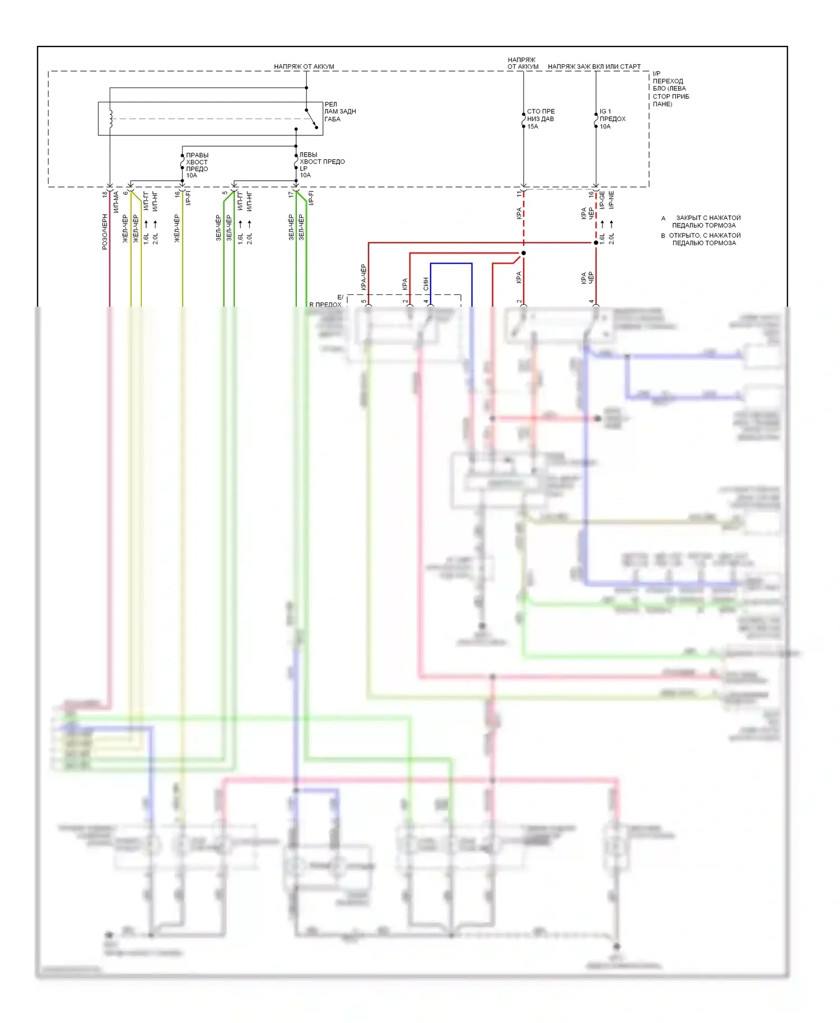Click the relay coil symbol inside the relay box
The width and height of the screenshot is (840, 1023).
(x=111, y=118)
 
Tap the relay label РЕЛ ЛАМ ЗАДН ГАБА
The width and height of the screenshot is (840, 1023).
(x=339, y=111)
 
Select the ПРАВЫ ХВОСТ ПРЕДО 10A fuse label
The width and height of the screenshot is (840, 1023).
(x=197, y=165)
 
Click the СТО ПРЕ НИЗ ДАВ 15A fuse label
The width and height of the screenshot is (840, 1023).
(x=540, y=119)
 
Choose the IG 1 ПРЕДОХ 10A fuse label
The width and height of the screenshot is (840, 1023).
(x=612, y=119)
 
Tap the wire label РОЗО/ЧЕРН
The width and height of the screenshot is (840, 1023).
(x=105, y=231)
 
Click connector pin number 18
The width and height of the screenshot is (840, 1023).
(x=105, y=194)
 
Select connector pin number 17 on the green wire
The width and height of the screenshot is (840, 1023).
(x=291, y=194)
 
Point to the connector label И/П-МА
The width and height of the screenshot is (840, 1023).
(x=116, y=202)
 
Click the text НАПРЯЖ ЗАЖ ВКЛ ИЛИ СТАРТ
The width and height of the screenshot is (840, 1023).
(x=594, y=67)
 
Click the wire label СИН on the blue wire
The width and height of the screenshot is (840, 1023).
(x=426, y=284)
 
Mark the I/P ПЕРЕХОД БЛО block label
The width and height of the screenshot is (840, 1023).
(x=670, y=88)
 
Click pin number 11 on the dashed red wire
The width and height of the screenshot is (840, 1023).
(x=519, y=193)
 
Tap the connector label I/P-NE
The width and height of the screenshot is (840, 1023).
(x=611, y=200)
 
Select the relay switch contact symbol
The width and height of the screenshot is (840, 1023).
(x=312, y=118)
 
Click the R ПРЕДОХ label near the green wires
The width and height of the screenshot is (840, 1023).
(x=325, y=304)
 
